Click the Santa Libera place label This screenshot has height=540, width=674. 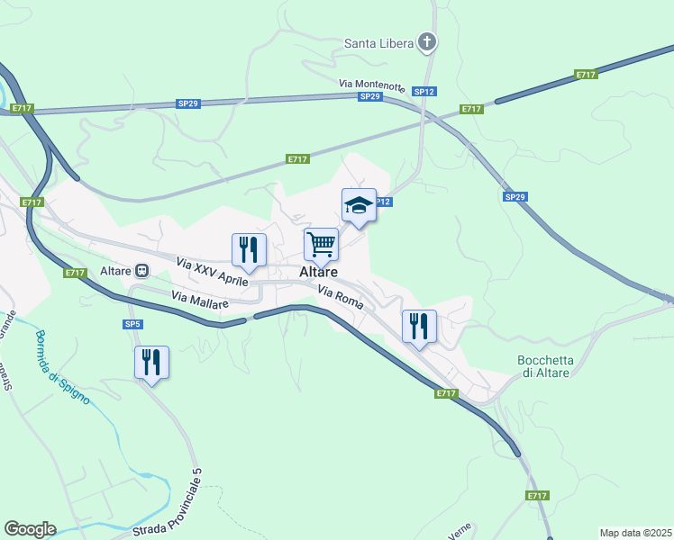click(x=378, y=42)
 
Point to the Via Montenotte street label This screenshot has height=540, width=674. click(x=372, y=84)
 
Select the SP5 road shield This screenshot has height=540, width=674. click(x=133, y=324)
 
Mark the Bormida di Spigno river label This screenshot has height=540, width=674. click(x=62, y=367)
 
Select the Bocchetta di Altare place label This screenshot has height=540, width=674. click(x=543, y=366)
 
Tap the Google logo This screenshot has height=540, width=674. click(x=30, y=529)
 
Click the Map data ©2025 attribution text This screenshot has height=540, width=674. click(x=635, y=533)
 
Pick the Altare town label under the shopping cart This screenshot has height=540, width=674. click(x=319, y=272)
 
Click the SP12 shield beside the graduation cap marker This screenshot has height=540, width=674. click(x=382, y=202)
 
